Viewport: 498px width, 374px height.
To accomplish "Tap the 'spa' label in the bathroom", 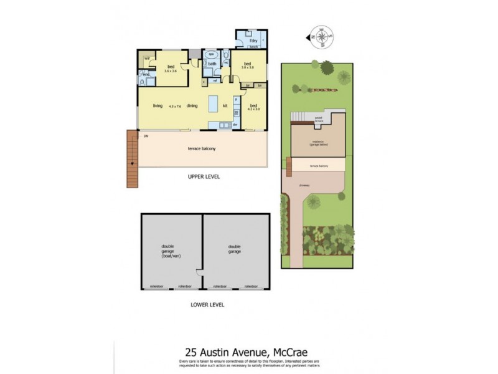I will coord(211,54).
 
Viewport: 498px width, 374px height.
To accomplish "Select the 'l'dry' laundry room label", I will coord(253,41).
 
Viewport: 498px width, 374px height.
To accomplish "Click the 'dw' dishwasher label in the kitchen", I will coord(235,124).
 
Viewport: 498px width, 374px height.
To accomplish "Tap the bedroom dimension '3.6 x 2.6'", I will coord(171,71).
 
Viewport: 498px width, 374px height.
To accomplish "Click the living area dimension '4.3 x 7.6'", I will coord(174,107).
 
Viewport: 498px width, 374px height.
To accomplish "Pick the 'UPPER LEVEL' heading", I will coord(204,176).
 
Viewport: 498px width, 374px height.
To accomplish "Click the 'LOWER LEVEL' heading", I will coord(207,305).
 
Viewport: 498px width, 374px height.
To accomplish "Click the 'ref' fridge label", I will coord(214,80).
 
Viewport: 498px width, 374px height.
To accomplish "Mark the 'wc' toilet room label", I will coord(225,63).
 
